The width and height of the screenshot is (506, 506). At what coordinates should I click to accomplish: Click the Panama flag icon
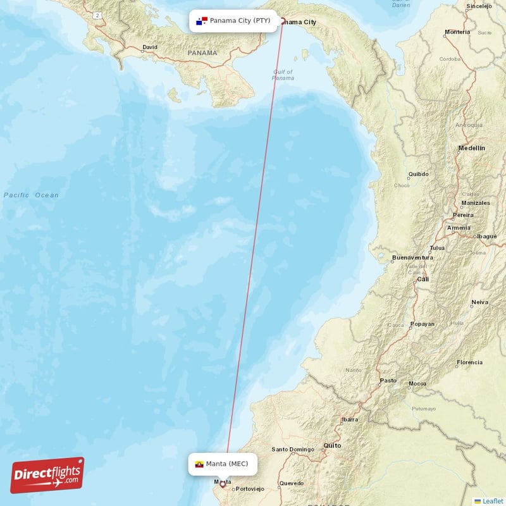point(202,21)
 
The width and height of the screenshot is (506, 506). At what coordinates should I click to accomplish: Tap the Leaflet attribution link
point(492,501)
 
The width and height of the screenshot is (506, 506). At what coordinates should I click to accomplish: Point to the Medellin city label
point(471,148)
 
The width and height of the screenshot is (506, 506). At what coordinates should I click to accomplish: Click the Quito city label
point(333,445)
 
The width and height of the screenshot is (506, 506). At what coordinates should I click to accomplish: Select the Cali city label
point(422,279)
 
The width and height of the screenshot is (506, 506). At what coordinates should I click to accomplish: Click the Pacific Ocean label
point(31,195)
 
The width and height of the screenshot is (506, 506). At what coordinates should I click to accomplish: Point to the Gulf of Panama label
point(283,75)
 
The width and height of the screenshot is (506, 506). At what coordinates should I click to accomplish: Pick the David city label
point(150,47)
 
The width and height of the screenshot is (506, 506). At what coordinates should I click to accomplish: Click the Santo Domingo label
point(293,450)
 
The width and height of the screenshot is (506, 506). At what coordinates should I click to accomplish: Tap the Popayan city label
point(422,324)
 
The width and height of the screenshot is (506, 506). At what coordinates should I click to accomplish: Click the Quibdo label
point(418,173)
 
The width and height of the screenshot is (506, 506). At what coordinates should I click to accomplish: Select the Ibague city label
point(486,236)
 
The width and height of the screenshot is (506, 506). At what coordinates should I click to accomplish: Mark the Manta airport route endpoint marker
point(222,484)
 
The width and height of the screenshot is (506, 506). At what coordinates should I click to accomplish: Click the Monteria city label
point(457,32)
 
